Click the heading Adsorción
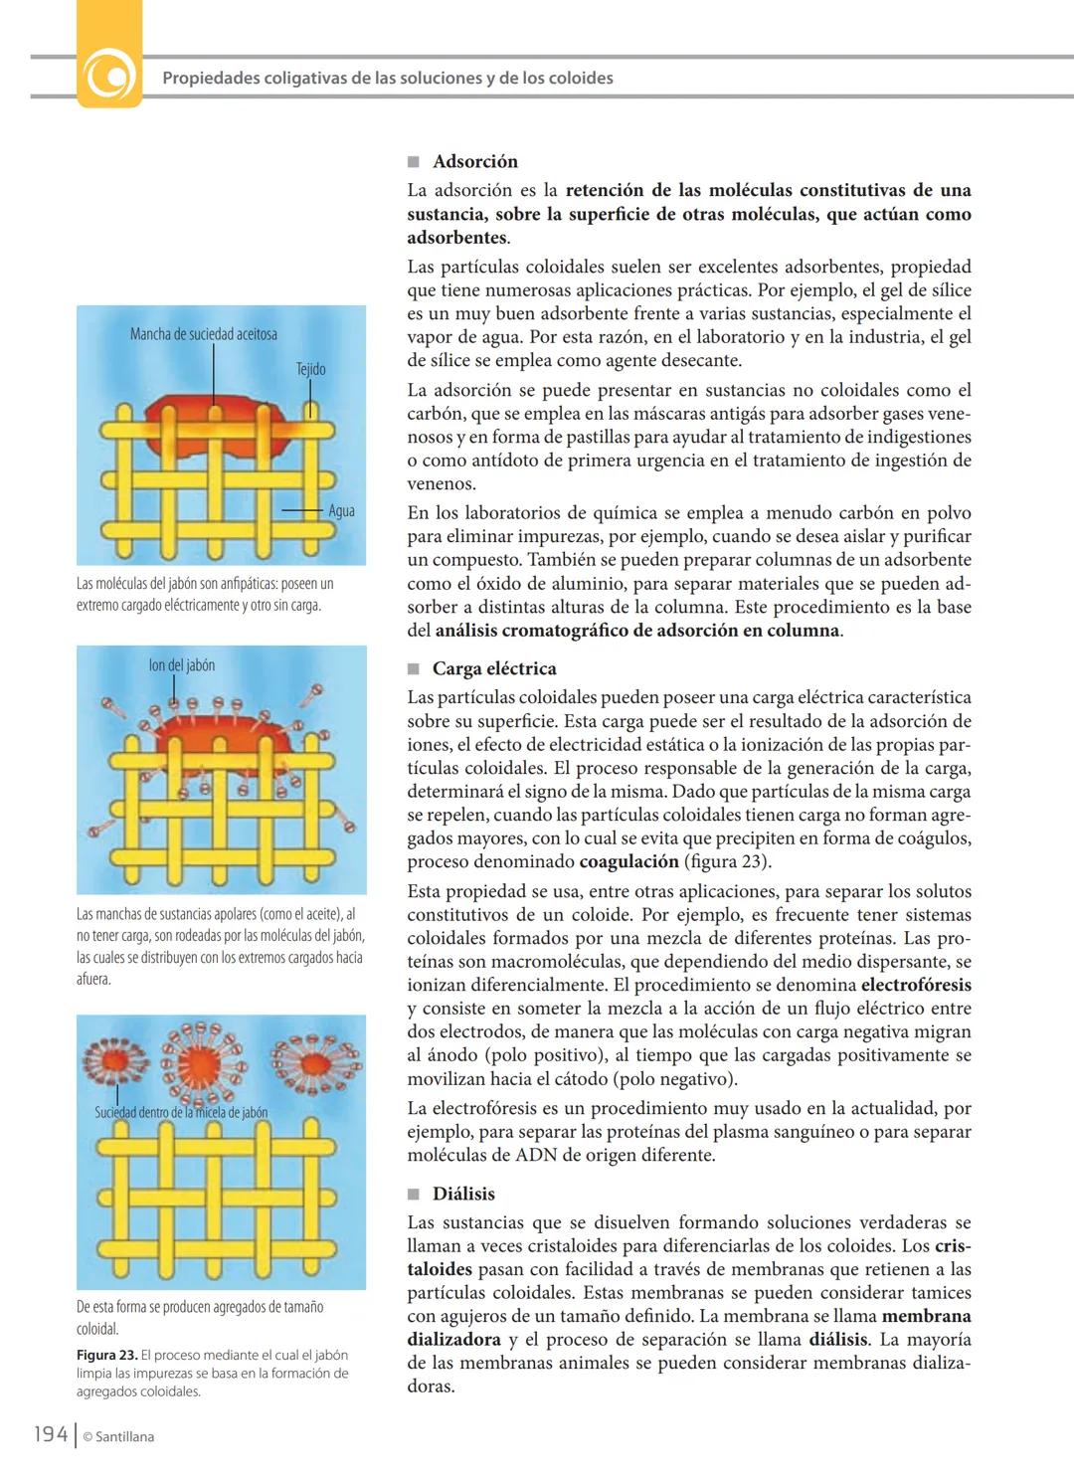coord(474,161)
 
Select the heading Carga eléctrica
coord(493,668)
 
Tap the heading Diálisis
coord(462,1194)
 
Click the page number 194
coord(51,1434)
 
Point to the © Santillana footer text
coord(118,1436)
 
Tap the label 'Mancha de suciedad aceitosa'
coord(203,334)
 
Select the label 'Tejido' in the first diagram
coord(310,369)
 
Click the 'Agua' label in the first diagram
coord(341,511)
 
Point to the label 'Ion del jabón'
coord(181,665)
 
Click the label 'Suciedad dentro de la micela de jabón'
coord(181,1112)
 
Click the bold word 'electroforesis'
coord(915,985)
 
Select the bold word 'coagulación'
coord(628,861)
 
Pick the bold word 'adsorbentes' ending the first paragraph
coord(456,238)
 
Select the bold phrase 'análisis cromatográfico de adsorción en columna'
coord(637,631)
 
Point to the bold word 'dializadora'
coord(453,1340)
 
